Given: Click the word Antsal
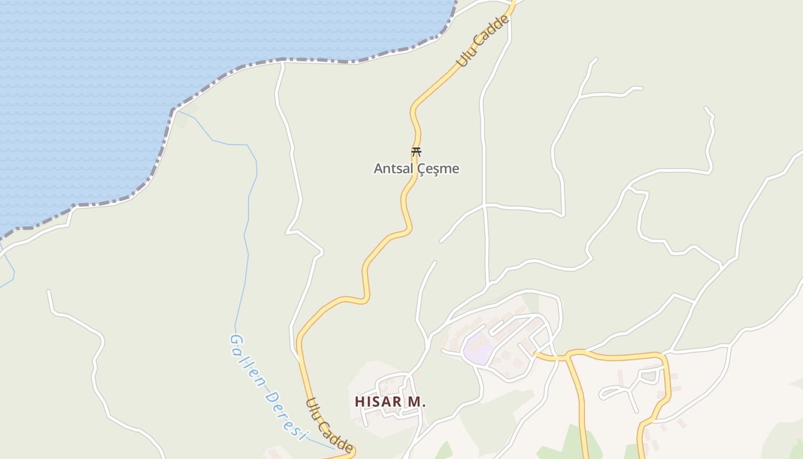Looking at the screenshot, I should click(x=393, y=169).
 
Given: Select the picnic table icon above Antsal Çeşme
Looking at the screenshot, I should click(x=416, y=152).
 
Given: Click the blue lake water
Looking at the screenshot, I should click(x=86, y=86).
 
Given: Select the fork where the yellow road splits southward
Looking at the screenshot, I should click(x=567, y=357).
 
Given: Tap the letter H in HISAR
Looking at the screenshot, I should click(x=360, y=402).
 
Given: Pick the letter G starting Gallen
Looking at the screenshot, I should click(x=234, y=340).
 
